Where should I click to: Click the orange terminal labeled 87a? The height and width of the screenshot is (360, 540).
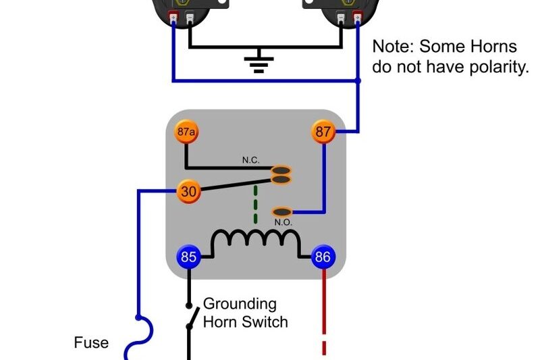point(187,132)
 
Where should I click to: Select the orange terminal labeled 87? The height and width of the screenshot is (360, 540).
point(324,132)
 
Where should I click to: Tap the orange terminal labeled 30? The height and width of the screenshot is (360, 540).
point(189,192)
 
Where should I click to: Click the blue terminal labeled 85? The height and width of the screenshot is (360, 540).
point(189,257)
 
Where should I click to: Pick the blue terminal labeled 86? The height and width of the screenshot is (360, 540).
point(323,257)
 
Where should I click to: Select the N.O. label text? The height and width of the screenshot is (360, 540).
point(284,222)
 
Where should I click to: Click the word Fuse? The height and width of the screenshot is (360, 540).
point(91,343)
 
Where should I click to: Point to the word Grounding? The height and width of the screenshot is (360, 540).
point(240,304)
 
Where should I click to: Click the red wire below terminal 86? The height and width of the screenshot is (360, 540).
point(324,297)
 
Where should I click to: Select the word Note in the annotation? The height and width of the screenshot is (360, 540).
point(394,47)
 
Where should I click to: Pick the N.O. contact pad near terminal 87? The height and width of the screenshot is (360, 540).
point(282,212)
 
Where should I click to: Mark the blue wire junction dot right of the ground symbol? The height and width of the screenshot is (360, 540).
point(358,81)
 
